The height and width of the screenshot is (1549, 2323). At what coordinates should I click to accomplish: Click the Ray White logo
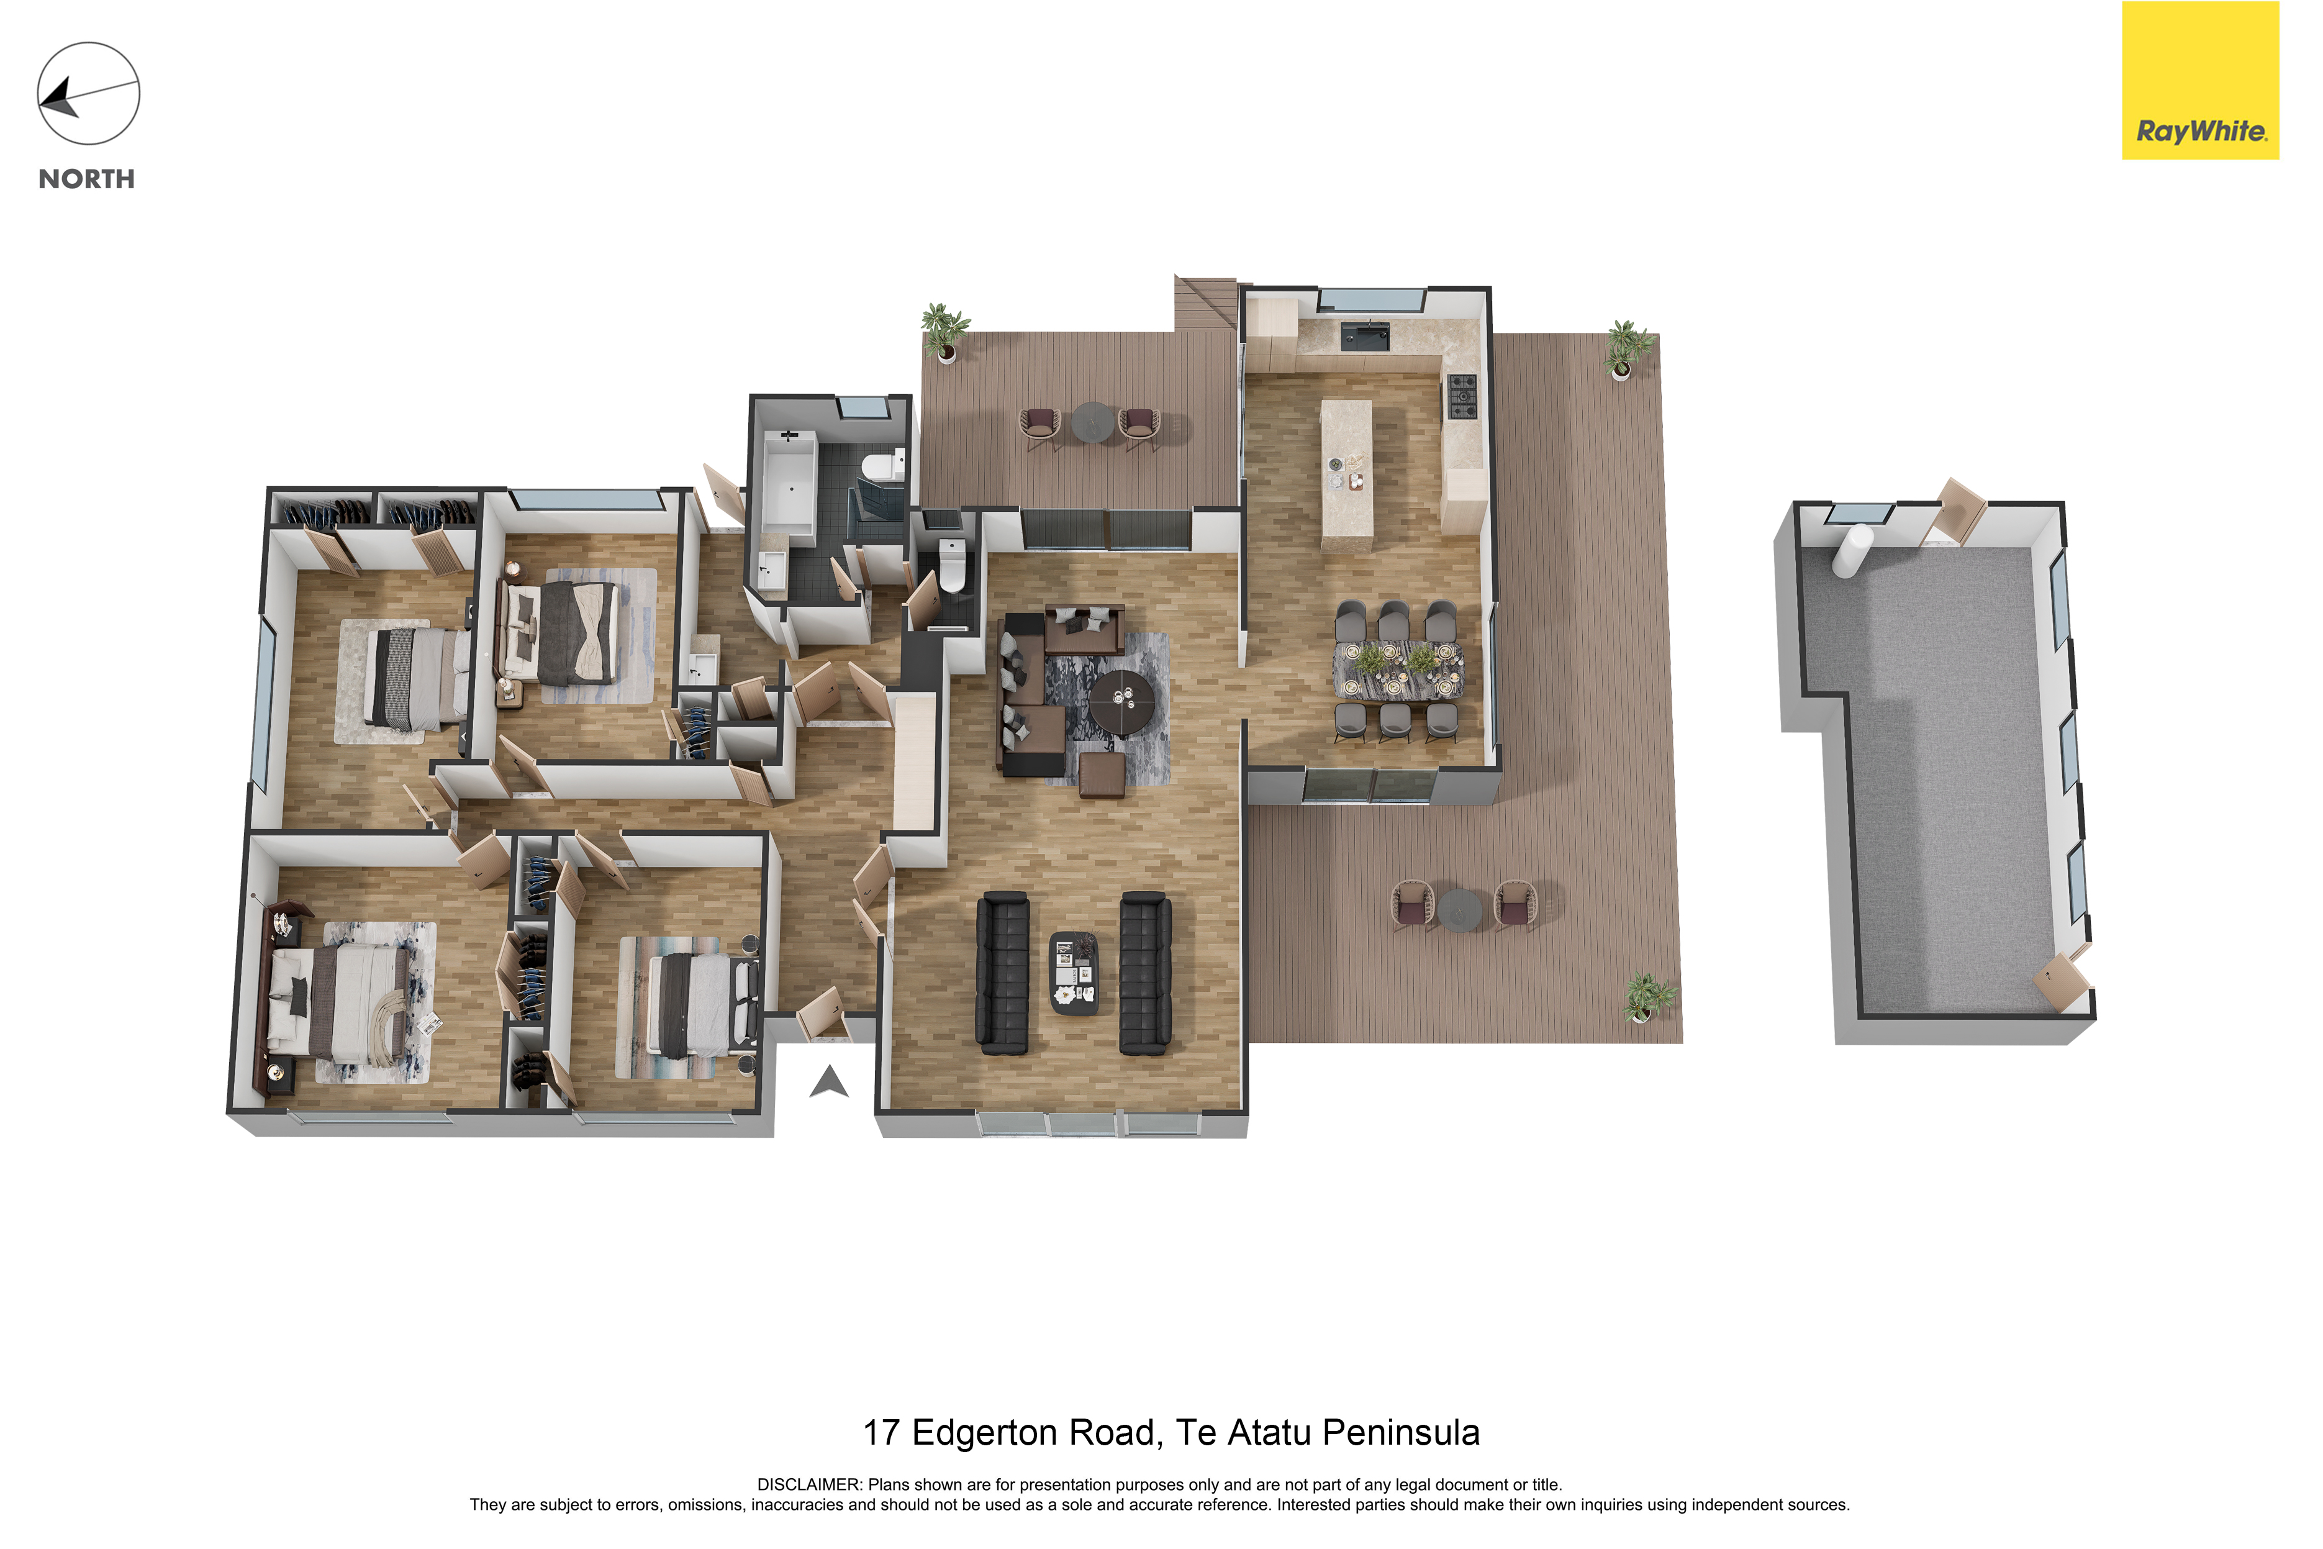pos(2201,80)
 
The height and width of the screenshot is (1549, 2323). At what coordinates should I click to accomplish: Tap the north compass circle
pos(89,94)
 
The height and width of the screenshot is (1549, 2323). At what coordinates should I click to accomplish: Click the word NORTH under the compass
pos(87,179)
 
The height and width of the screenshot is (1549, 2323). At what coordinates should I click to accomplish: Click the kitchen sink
pos(1365,336)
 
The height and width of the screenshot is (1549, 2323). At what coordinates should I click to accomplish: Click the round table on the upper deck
pos(1092,422)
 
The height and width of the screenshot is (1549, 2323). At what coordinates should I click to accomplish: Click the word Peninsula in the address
pos(1400,1432)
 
